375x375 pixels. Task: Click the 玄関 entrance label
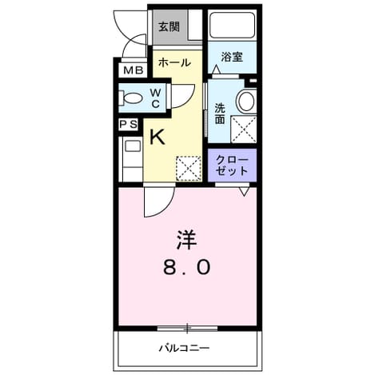(169, 27)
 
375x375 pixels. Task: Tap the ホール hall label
(174, 63)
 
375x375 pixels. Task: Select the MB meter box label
(134, 70)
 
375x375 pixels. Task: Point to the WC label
(155, 98)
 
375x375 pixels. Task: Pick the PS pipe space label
(128, 124)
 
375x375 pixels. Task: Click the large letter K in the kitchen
(158, 137)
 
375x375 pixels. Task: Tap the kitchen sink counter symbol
(133, 159)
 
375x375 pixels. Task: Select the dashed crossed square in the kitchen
(189, 169)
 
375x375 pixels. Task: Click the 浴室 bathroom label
(232, 57)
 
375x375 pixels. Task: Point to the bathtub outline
(232, 25)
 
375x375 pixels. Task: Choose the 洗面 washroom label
(220, 114)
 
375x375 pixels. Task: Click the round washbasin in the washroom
(246, 101)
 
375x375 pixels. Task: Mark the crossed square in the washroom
(244, 130)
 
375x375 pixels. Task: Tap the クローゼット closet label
(232, 166)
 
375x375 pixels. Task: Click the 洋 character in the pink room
(186, 240)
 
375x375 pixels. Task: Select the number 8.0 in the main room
(187, 268)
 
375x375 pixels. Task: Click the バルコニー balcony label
(184, 348)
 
